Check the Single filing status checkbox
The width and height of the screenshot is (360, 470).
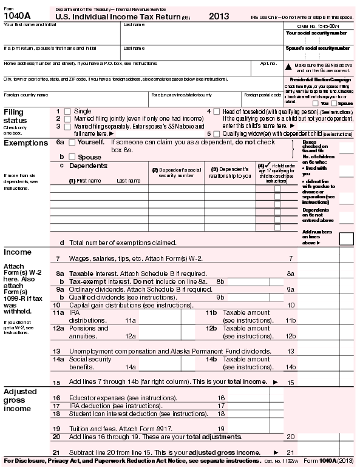[x=67, y=112]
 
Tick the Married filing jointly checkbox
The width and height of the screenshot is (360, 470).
[x=67, y=119]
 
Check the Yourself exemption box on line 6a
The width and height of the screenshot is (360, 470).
[x=72, y=142]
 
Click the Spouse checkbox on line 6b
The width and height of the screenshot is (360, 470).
[x=72, y=156]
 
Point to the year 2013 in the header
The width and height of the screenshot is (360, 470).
[x=219, y=16]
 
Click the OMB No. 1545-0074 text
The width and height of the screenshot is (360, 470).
[x=318, y=25]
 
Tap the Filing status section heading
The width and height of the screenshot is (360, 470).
[x=15, y=116]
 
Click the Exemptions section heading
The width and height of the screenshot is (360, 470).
[x=25, y=143]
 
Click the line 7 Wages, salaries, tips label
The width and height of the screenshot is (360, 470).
[x=135, y=258]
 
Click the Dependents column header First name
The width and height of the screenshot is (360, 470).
[x=85, y=180]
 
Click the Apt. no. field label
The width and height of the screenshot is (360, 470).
[x=268, y=63]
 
